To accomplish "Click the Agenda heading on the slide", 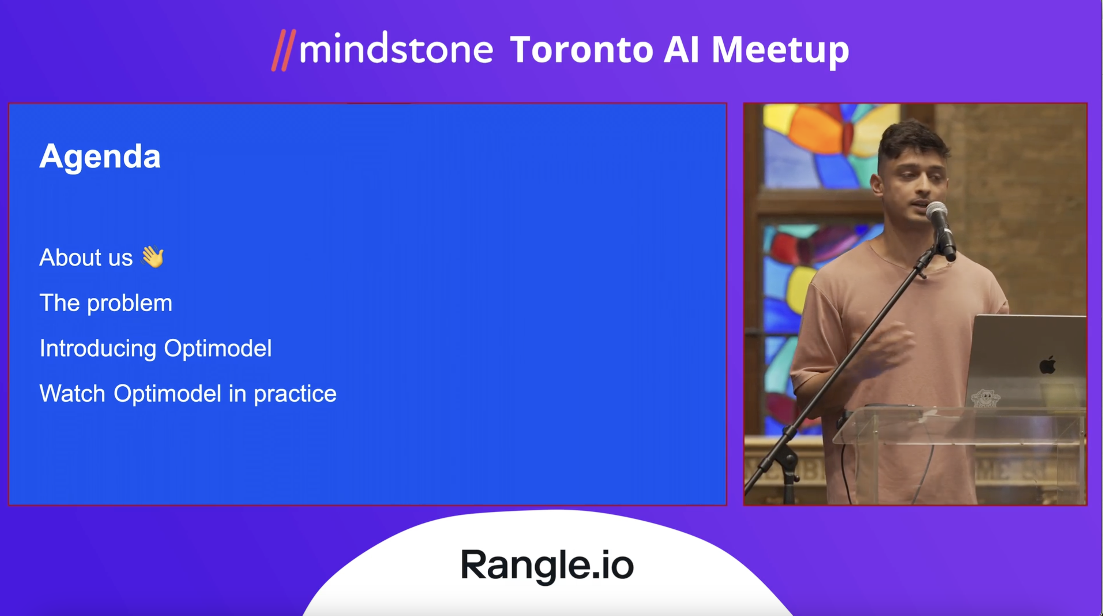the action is click(100, 157).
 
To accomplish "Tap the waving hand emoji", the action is click(152, 257).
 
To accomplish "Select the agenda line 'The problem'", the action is click(106, 304).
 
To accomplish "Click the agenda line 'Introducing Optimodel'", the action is click(155, 348).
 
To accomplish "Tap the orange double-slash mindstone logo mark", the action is click(283, 50).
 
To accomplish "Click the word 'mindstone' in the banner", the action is click(396, 48).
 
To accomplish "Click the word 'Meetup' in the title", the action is click(780, 51).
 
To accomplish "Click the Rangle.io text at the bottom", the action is click(547, 565).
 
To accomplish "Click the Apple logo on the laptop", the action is click(1047, 365).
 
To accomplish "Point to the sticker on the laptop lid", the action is click(985, 398).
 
